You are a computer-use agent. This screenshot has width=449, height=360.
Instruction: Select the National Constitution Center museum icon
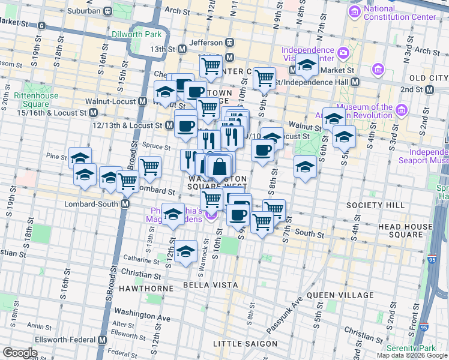355,11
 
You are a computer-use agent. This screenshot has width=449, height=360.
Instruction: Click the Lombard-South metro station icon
125,204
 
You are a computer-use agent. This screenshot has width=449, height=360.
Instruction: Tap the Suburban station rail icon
107,11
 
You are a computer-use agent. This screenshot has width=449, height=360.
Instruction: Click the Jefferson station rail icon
229,43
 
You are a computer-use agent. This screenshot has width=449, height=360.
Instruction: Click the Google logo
20,352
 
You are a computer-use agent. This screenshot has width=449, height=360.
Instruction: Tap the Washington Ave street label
142,313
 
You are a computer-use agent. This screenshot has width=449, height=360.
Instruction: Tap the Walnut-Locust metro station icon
142,101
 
